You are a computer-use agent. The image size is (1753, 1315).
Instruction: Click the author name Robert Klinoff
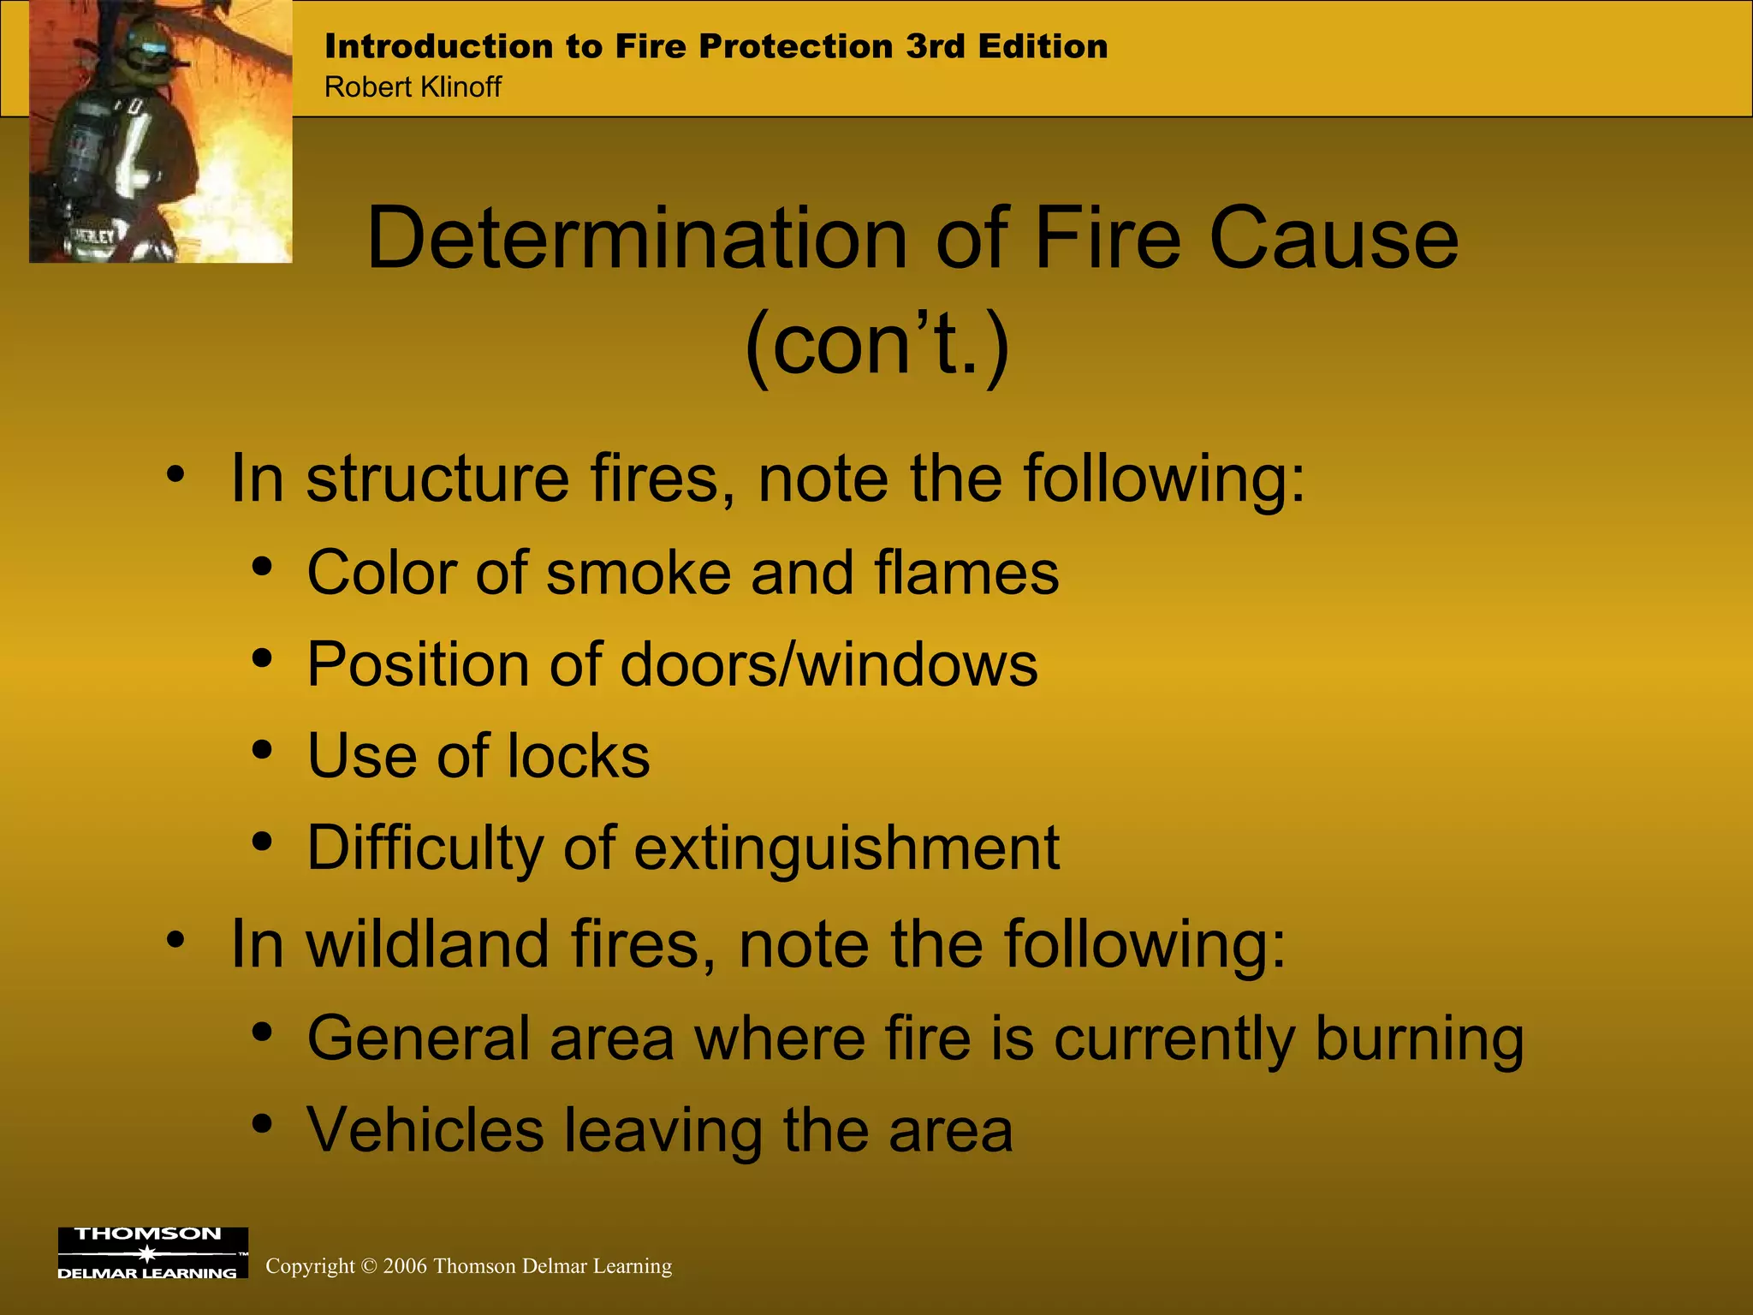click(413, 87)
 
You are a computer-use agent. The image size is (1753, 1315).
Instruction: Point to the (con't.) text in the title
click(876, 344)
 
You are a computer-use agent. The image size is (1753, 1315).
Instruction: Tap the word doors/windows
click(829, 664)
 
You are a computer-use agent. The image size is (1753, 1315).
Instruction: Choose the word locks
click(578, 756)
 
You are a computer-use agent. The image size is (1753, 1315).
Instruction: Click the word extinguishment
click(847, 848)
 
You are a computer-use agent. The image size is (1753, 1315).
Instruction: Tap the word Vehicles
click(425, 1130)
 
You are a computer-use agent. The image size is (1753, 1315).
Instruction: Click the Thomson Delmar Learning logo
click(152, 1253)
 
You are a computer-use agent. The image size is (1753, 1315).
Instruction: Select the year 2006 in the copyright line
click(405, 1266)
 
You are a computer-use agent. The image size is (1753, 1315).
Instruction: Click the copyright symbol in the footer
click(369, 1266)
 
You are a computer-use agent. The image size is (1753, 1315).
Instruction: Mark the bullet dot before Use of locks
click(262, 751)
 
